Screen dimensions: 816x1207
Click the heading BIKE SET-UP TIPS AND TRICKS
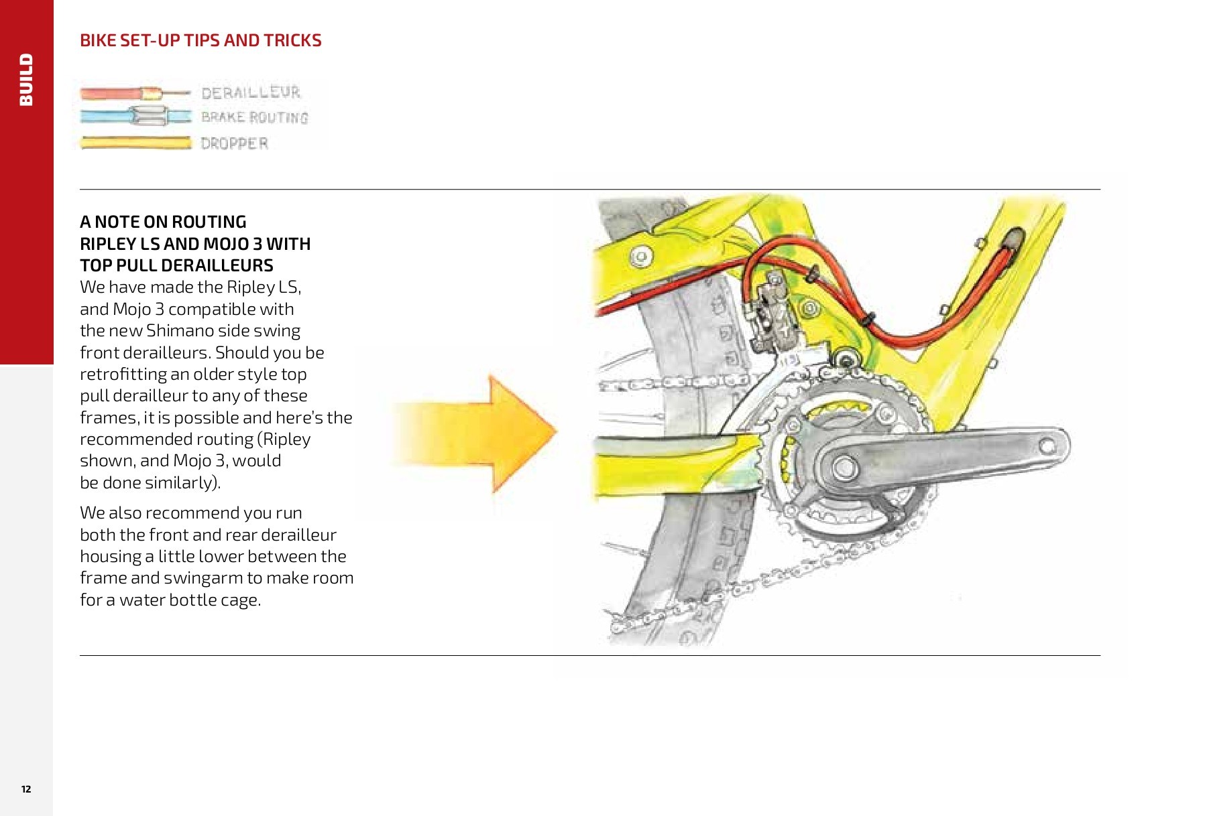[x=200, y=40]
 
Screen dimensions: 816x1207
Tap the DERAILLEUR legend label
[x=251, y=92]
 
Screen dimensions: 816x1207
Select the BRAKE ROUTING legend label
[x=254, y=118]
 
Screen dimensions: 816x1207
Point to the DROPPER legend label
[x=234, y=143]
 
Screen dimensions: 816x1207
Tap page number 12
[x=26, y=789]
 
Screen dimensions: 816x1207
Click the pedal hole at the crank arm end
[x=1047, y=446]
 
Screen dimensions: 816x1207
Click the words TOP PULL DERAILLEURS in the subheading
[x=176, y=265]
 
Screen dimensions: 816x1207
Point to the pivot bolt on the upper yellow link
[x=642, y=256]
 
